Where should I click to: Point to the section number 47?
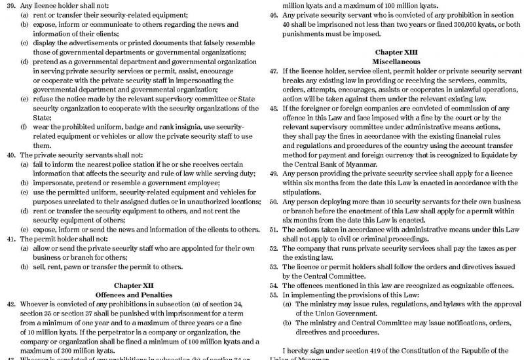click(274, 70)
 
